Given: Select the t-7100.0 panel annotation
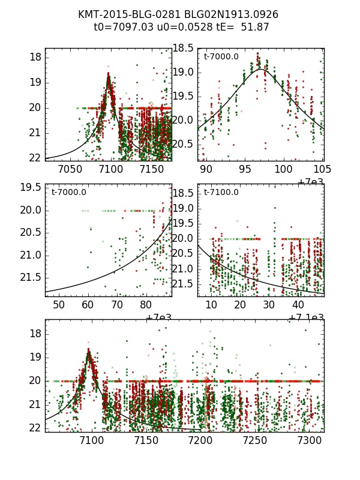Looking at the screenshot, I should pyautogui.click(x=221, y=192).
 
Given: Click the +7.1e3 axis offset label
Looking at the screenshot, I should pyautogui.click(x=307, y=318).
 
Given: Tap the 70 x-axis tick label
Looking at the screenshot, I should pyautogui.click(x=116, y=305).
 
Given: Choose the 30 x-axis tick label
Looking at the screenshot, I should pyautogui.click(x=269, y=305).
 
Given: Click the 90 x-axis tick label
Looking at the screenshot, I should pyautogui.click(x=206, y=170).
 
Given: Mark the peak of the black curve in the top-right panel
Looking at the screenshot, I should pyautogui.click(x=261, y=70).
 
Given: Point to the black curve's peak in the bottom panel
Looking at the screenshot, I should pyautogui.click(x=89, y=352).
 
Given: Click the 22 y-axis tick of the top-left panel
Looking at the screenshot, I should pyautogui.click(x=35, y=157).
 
